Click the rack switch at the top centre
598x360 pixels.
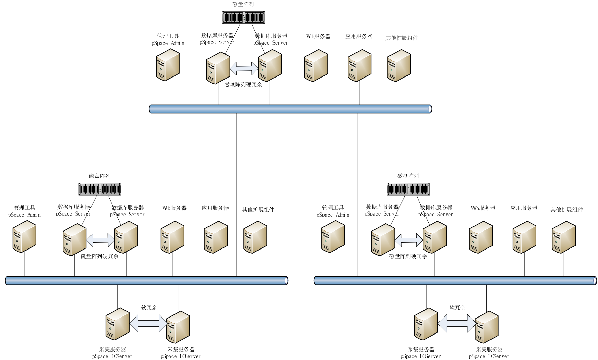[x=243, y=17]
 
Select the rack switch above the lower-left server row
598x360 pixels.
[x=100, y=189]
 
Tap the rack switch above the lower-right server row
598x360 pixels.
[x=408, y=189]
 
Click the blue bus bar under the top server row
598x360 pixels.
[x=290, y=109]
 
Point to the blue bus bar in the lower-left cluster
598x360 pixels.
[x=147, y=280]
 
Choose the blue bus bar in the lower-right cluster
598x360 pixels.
[x=455, y=280]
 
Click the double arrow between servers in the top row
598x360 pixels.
[x=244, y=68]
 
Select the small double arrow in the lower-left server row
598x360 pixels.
[x=100, y=240]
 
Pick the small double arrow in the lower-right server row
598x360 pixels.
[x=409, y=240]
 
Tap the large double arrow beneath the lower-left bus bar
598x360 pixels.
[x=148, y=323]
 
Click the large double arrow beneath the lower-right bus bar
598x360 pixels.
[x=457, y=323]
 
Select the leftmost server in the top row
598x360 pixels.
[x=168, y=65]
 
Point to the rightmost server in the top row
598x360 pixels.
[x=399, y=66]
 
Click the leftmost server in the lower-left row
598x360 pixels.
[x=24, y=237]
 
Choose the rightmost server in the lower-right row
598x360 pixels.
[x=564, y=237]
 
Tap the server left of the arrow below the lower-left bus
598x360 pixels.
[x=118, y=324]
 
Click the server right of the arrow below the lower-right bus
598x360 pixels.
[x=486, y=327]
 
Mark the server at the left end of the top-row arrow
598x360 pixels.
[x=218, y=68]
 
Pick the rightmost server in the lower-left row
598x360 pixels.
[x=255, y=237]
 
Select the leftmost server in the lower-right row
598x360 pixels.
[x=333, y=237]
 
